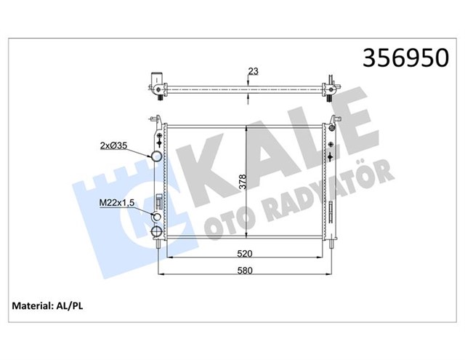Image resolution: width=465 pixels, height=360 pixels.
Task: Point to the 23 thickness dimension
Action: (254, 71)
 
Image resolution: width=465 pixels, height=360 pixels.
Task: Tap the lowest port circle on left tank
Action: (156, 232)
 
